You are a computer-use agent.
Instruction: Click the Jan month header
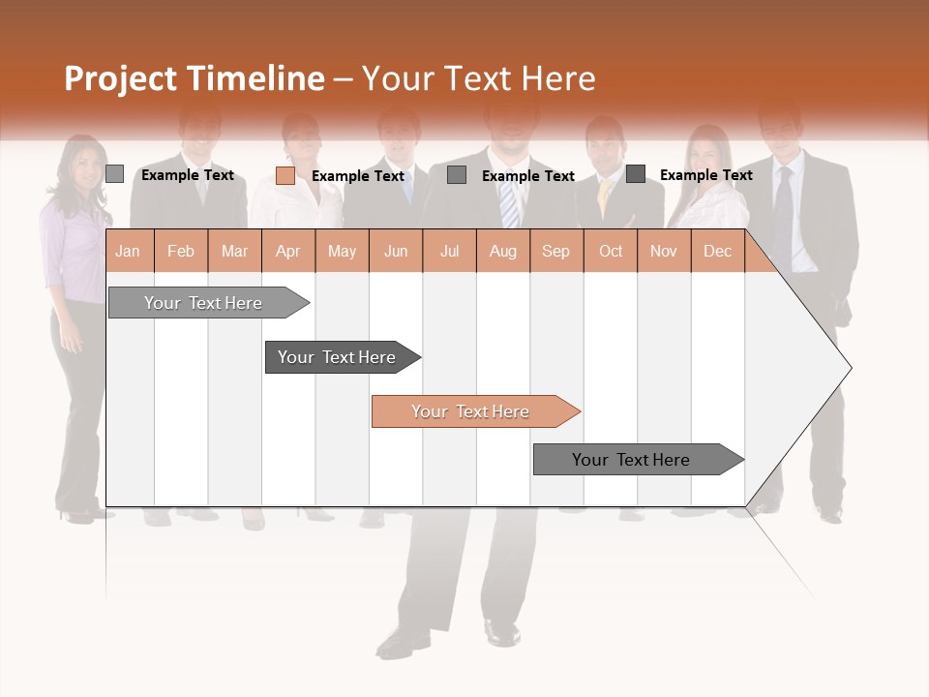pyautogui.click(x=128, y=252)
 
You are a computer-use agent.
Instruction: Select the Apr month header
pyautogui.click(x=287, y=252)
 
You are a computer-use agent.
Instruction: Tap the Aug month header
pyautogui.click(x=502, y=252)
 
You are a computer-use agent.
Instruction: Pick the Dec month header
pyautogui.click(x=717, y=252)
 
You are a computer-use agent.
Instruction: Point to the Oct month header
pyautogui.click(x=611, y=252)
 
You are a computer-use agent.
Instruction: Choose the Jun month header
pyautogui.click(x=396, y=252)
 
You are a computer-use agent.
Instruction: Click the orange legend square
pyautogui.click(x=285, y=175)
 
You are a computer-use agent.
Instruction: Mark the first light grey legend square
pyautogui.click(x=115, y=174)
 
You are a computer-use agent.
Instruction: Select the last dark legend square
pyautogui.click(x=636, y=174)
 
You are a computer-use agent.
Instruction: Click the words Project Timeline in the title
pyautogui.click(x=195, y=78)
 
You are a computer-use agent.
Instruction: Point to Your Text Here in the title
pyautogui.click(x=479, y=78)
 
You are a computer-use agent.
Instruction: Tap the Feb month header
pyautogui.click(x=181, y=252)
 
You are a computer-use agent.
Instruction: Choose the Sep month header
pyautogui.click(x=555, y=252)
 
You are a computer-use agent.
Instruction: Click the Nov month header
pyautogui.click(x=664, y=252)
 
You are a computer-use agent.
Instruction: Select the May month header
pyautogui.click(x=342, y=252)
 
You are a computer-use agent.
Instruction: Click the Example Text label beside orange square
pyautogui.click(x=358, y=176)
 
